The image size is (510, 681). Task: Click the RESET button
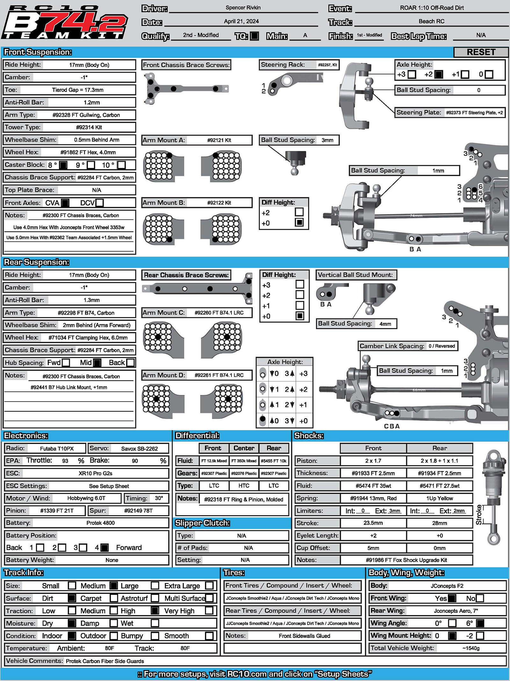click(x=481, y=52)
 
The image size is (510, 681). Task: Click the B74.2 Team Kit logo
click(x=65, y=23)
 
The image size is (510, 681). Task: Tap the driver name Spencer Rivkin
click(x=243, y=8)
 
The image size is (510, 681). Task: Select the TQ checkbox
click(x=254, y=36)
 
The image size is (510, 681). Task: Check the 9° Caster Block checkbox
click(x=91, y=165)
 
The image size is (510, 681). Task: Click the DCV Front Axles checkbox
click(x=100, y=203)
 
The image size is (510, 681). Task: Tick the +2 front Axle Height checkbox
click(x=439, y=74)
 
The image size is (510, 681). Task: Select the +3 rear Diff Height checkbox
click(x=300, y=284)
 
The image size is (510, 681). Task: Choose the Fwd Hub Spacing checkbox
click(x=66, y=363)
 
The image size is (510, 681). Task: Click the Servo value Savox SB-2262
click(x=139, y=448)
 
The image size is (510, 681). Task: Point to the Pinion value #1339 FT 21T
click(x=57, y=511)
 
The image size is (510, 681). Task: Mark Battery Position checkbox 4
click(x=104, y=548)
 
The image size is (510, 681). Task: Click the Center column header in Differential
click(x=244, y=448)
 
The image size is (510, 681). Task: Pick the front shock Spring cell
click(x=373, y=498)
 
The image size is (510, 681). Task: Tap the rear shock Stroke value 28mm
click(x=439, y=523)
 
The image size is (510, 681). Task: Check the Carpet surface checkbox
click(x=114, y=598)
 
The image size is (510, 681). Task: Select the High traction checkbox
click(x=155, y=611)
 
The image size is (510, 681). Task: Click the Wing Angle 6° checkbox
click(x=480, y=623)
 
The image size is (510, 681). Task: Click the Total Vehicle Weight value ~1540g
click(x=471, y=648)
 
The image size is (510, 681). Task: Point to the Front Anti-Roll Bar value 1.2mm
click(x=92, y=102)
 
